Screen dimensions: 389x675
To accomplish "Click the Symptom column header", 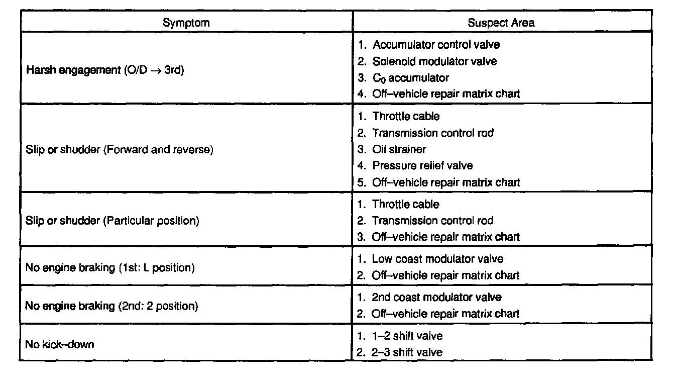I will (x=186, y=23).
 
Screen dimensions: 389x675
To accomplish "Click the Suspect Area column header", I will (x=501, y=23).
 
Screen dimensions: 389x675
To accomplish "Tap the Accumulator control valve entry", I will (x=435, y=45).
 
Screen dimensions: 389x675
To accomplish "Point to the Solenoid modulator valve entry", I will (x=434, y=61).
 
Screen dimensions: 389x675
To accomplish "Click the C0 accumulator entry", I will (x=410, y=78).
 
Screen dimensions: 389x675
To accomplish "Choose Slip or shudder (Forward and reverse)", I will (x=119, y=150).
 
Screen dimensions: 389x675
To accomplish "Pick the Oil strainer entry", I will (x=399, y=149).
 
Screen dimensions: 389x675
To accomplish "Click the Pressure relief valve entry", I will (x=422, y=165).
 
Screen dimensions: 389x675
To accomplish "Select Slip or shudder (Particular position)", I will (x=112, y=221).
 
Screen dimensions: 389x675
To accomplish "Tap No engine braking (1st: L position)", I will (x=109, y=267).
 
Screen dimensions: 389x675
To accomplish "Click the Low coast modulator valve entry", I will (x=437, y=259).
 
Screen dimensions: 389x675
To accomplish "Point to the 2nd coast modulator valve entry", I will (x=436, y=298).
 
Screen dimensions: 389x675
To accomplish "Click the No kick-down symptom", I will (x=59, y=345).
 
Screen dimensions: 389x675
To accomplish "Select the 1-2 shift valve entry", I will (x=407, y=336).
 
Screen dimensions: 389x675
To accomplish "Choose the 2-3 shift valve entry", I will (x=407, y=352).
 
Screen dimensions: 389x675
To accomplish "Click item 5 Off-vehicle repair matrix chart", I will (x=445, y=182).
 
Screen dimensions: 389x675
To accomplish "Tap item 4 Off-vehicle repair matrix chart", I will (x=445, y=93).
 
